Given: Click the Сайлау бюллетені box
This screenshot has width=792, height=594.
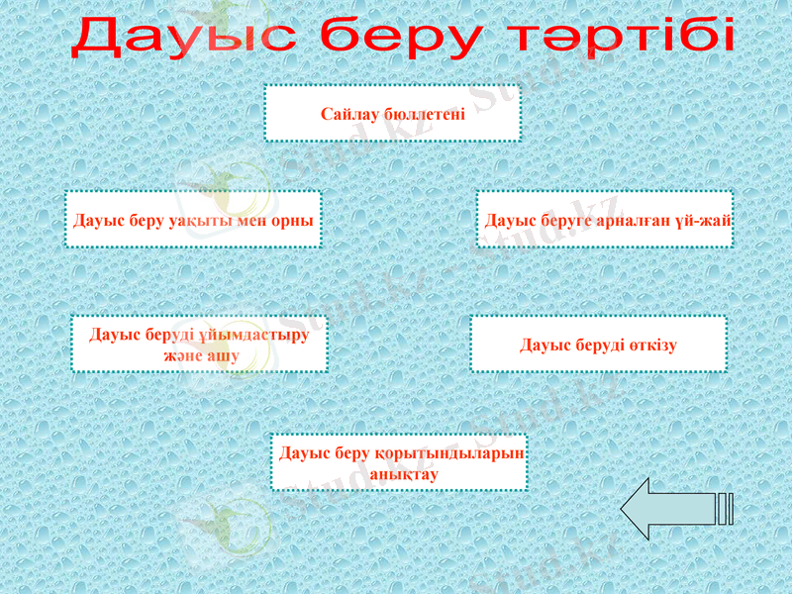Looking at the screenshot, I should click(392, 113).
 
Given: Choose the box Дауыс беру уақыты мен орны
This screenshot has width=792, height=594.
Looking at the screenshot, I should click(194, 219).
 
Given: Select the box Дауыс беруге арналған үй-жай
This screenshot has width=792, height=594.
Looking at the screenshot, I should click(605, 219).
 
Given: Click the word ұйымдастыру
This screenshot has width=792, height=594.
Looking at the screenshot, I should click(257, 335).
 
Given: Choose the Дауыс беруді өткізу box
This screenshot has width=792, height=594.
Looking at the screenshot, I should click(598, 345).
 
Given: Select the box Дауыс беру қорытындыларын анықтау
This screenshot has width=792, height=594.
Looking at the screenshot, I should click(399, 462).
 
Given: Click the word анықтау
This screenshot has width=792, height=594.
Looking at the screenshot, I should click(403, 474).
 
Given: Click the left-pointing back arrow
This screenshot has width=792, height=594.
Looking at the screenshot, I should click(673, 509).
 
